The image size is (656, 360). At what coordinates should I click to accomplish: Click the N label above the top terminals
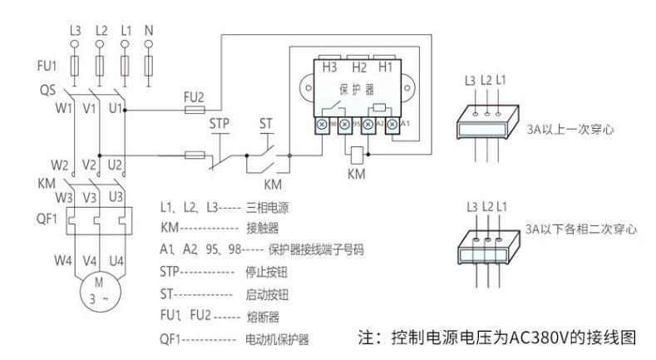[x=150, y=30]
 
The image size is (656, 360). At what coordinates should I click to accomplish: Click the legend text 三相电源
[x=267, y=203]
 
